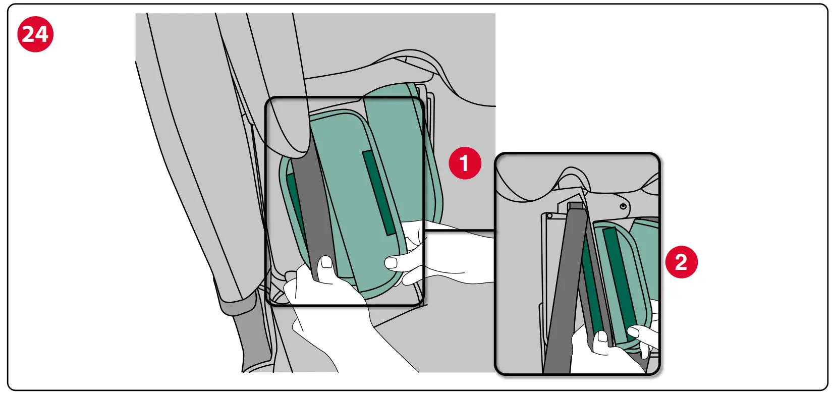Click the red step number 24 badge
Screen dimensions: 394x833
coord(35,34)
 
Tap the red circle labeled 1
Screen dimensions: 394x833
coord(464,163)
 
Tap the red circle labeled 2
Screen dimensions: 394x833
coord(681,262)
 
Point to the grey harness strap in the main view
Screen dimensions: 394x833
coord(315,212)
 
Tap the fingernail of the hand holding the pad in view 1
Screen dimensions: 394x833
coord(392,262)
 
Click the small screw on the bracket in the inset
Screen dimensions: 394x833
coord(624,206)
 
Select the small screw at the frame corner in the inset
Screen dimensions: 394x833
coord(549,216)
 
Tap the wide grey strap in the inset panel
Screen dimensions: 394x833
coord(565,293)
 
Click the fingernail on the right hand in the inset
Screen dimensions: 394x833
coord(633,332)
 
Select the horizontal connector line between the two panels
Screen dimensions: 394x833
coord(459,231)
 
